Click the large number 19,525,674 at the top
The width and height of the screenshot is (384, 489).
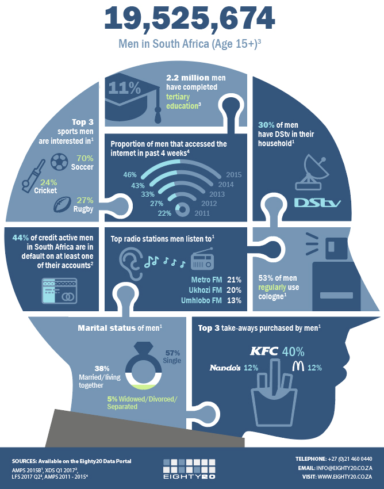tap(189, 20)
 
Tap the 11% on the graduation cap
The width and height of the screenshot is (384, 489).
tap(125, 89)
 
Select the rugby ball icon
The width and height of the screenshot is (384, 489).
tap(63, 205)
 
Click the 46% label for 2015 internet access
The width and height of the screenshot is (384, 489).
tap(130, 175)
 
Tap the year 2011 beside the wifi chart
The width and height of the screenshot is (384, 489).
tap(202, 213)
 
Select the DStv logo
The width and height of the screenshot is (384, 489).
tap(318, 203)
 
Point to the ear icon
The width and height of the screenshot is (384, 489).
tap(130, 265)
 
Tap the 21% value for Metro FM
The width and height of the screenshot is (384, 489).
tap(234, 280)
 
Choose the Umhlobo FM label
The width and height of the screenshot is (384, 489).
tap(201, 300)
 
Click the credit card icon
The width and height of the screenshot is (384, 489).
tap(59, 291)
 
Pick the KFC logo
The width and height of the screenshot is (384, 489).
tap(264, 351)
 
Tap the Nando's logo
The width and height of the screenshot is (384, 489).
tap(225, 368)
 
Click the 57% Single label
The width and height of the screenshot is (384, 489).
tap(172, 357)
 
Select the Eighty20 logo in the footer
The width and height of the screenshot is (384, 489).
tap(189, 469)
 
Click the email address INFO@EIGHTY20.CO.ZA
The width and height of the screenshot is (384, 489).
tap(344, 468)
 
